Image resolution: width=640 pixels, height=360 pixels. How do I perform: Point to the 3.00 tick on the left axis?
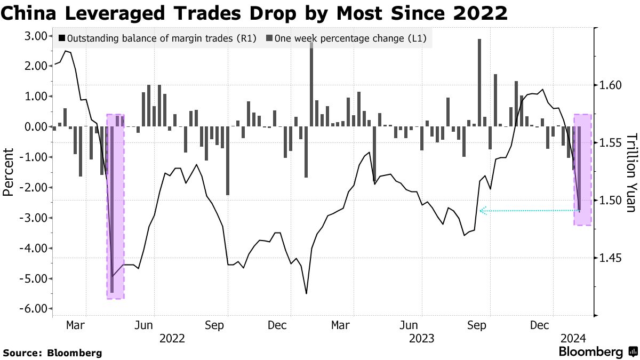point(33,36)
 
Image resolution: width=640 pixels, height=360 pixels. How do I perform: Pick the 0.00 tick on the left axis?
point(33,127)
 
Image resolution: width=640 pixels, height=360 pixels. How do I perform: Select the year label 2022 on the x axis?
point(172,338)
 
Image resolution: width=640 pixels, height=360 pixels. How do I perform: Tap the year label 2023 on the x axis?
point(421,338)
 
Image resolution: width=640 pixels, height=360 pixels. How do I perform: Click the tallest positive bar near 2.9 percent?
point(479,83)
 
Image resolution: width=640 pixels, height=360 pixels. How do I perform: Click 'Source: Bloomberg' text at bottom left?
point(52,353)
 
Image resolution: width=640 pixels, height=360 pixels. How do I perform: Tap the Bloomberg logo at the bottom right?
point(597,351)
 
